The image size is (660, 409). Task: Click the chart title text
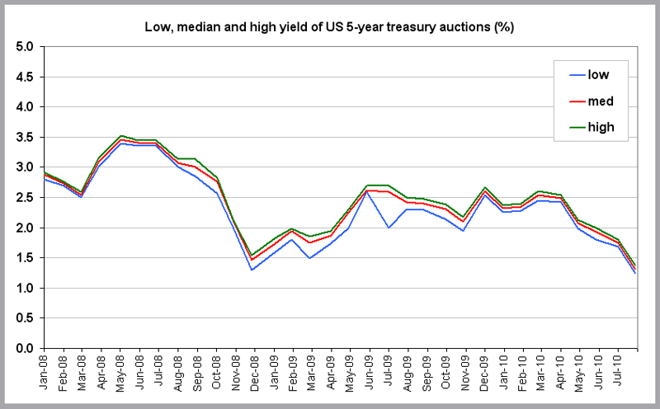(x=330, y=28)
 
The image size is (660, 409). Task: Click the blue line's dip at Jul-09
(x=388, y=228)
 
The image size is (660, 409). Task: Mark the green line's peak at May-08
(x=121, y=135)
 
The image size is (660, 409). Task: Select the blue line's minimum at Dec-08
(x=251, y=270)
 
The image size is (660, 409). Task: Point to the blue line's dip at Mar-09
(x=309, y=258)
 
